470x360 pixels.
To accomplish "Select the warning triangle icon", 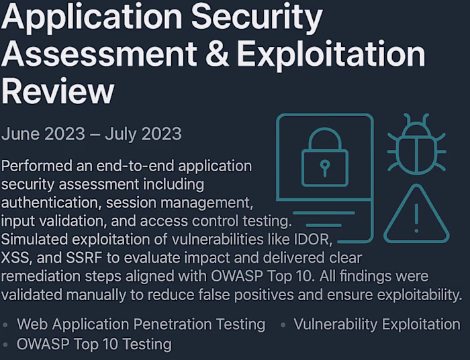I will tap(416, 216).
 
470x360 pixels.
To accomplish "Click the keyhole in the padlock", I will tap(325, 165).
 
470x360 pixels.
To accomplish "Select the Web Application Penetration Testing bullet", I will tap(141, 324).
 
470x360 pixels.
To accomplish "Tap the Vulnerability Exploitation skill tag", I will tap(377, 324).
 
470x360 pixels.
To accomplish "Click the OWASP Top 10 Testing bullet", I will tap(94, 345).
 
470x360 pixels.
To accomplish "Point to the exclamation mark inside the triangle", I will tap(416, 218).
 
